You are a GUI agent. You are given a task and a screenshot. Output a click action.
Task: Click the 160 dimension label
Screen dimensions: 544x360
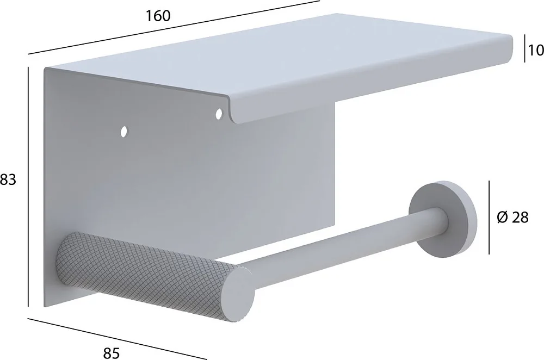[x=158, y=16]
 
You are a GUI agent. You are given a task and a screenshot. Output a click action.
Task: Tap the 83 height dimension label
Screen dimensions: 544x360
[x=8, y=180]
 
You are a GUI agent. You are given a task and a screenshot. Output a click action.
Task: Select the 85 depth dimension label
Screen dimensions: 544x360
[x=112, y=353]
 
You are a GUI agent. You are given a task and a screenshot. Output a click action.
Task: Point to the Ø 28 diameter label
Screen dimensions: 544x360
[x=512, y=218]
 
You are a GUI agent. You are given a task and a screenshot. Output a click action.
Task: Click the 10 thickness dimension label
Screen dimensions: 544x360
[x=536, y=51]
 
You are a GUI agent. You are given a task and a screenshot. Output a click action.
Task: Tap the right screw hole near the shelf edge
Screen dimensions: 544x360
[x=219, y=114]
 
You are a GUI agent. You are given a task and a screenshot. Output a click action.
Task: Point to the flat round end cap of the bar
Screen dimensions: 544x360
[x=239, y=295]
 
